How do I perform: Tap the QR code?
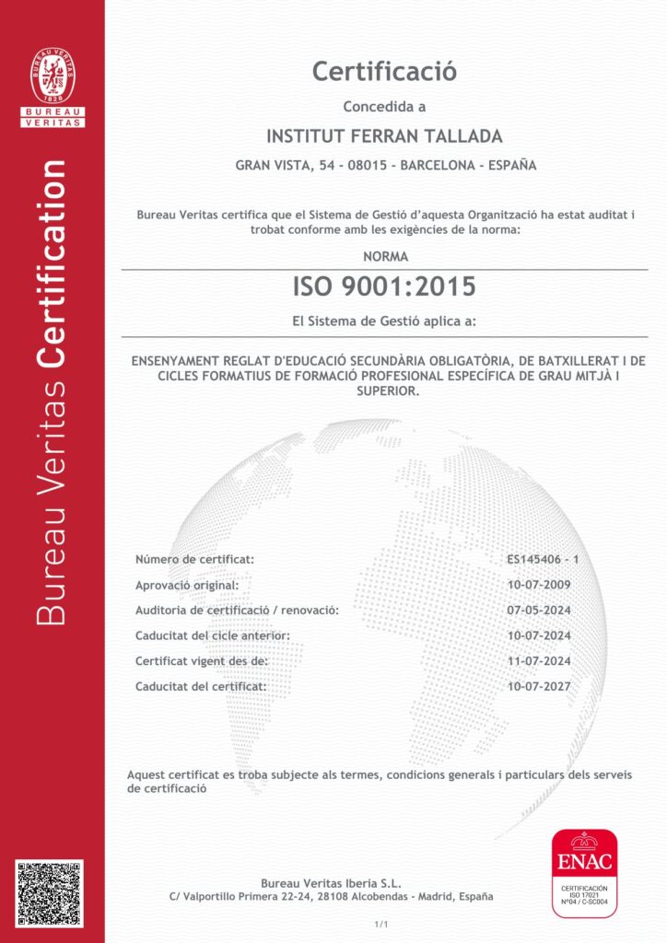click(x=50, y=893)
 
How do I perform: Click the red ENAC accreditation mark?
click(x=584, y=871)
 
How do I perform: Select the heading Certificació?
click(x=384, y=70)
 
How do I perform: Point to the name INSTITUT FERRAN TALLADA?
click(x=384, y=136)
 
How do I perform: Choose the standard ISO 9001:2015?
click(x=384, y=287)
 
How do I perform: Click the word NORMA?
click(x=384, y=257)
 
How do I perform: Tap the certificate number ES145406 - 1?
click(x=543, y=559)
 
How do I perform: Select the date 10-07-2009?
click(x=539, y=585)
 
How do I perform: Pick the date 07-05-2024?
click(x=539, y=610)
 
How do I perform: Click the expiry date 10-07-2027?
click(x=539, y=686)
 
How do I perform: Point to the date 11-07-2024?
click(x=539, y=661)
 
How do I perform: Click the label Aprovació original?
click(x=187, y=585)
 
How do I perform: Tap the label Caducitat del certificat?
click(x=201, y=686)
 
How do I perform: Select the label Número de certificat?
click(x=194, y=559)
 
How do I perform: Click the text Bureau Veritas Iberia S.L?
click(x=332, y=882)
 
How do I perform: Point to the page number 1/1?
click(x=381, y=923)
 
